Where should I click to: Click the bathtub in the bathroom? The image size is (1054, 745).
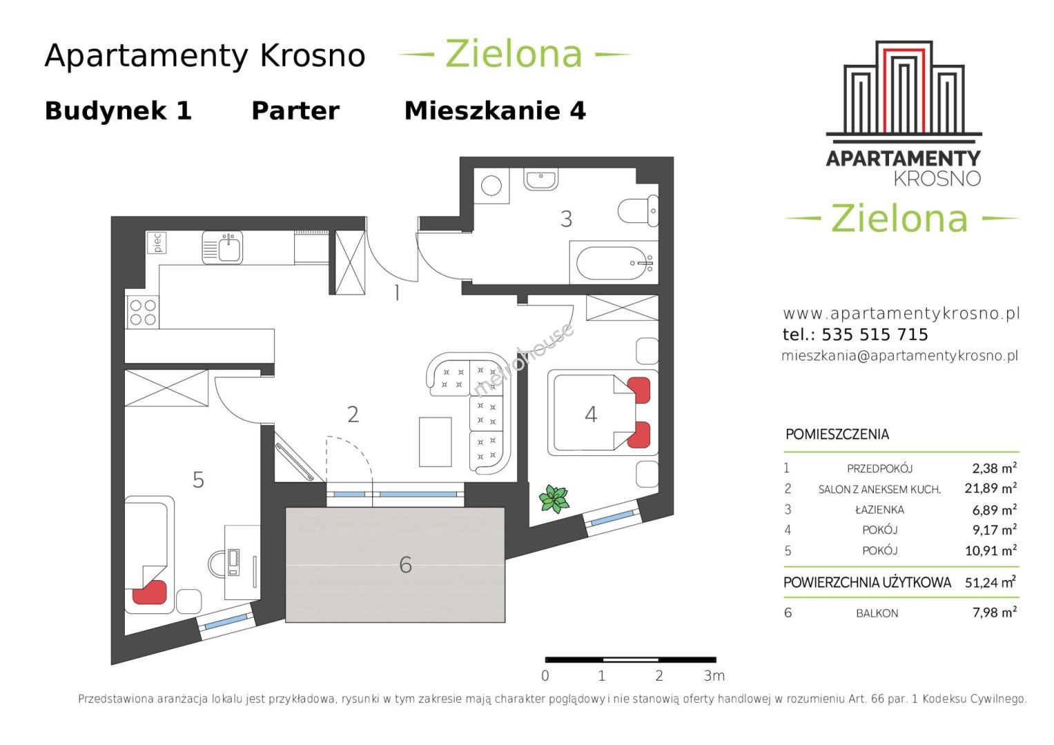(613, 264)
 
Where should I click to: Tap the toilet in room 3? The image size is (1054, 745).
(638, 210)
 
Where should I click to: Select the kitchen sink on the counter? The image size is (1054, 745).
(222, 247)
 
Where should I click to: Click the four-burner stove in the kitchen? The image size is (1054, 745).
(143, 312)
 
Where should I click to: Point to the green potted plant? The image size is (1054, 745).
(554, 499)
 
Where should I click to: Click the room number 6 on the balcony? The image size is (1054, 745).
(405, 565)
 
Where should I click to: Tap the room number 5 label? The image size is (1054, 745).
(198, 479)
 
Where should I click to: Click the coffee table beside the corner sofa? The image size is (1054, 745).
(436, 441)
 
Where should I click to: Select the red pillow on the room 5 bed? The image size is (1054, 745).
(150, 592)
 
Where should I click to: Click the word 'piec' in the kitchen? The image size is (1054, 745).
(157, 243)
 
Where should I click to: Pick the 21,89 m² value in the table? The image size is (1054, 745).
(990, 488)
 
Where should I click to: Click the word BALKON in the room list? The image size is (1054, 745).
(877, 613)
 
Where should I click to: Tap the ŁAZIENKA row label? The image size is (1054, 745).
(879, 509)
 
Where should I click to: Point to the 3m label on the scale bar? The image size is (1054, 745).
(714, 676)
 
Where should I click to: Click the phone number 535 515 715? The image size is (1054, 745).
(875, 335)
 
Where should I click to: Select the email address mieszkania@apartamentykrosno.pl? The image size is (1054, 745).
(899, 355)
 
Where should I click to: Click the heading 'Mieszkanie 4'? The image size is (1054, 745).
(495, 111)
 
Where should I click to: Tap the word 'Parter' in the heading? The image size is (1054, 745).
(295, 111)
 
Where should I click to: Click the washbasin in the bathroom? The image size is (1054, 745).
(541, 179)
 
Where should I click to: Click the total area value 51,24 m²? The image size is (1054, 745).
(990, 582)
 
